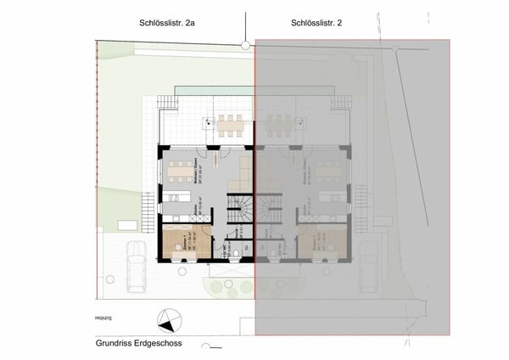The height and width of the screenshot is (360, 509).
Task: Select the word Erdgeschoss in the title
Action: pyautogui.click(x=170, y=345)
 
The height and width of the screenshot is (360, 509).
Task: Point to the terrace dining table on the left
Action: pyautogui.click(x=230, y=125)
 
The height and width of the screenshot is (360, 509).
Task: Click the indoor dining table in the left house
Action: pyautogui.click(x=180, y=170)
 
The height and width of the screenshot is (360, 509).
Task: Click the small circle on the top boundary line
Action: pyautogui.click(x=245, y=44)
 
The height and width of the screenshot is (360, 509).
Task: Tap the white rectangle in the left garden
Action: pyautogui.click(x=127, y=223)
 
